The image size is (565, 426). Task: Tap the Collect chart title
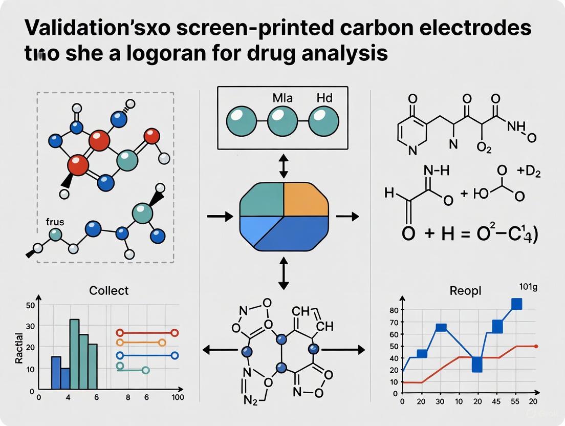[x=108, y=290]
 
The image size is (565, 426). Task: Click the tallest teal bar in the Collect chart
[x=74, y=353]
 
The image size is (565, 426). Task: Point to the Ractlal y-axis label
[x=19, y=348]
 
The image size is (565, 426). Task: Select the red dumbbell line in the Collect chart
[x=147, y=333]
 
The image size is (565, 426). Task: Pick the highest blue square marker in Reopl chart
[x=516, y=304]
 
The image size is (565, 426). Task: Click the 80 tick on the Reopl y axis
[x=394, y=310]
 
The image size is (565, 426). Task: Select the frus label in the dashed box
[x=55, y=222]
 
